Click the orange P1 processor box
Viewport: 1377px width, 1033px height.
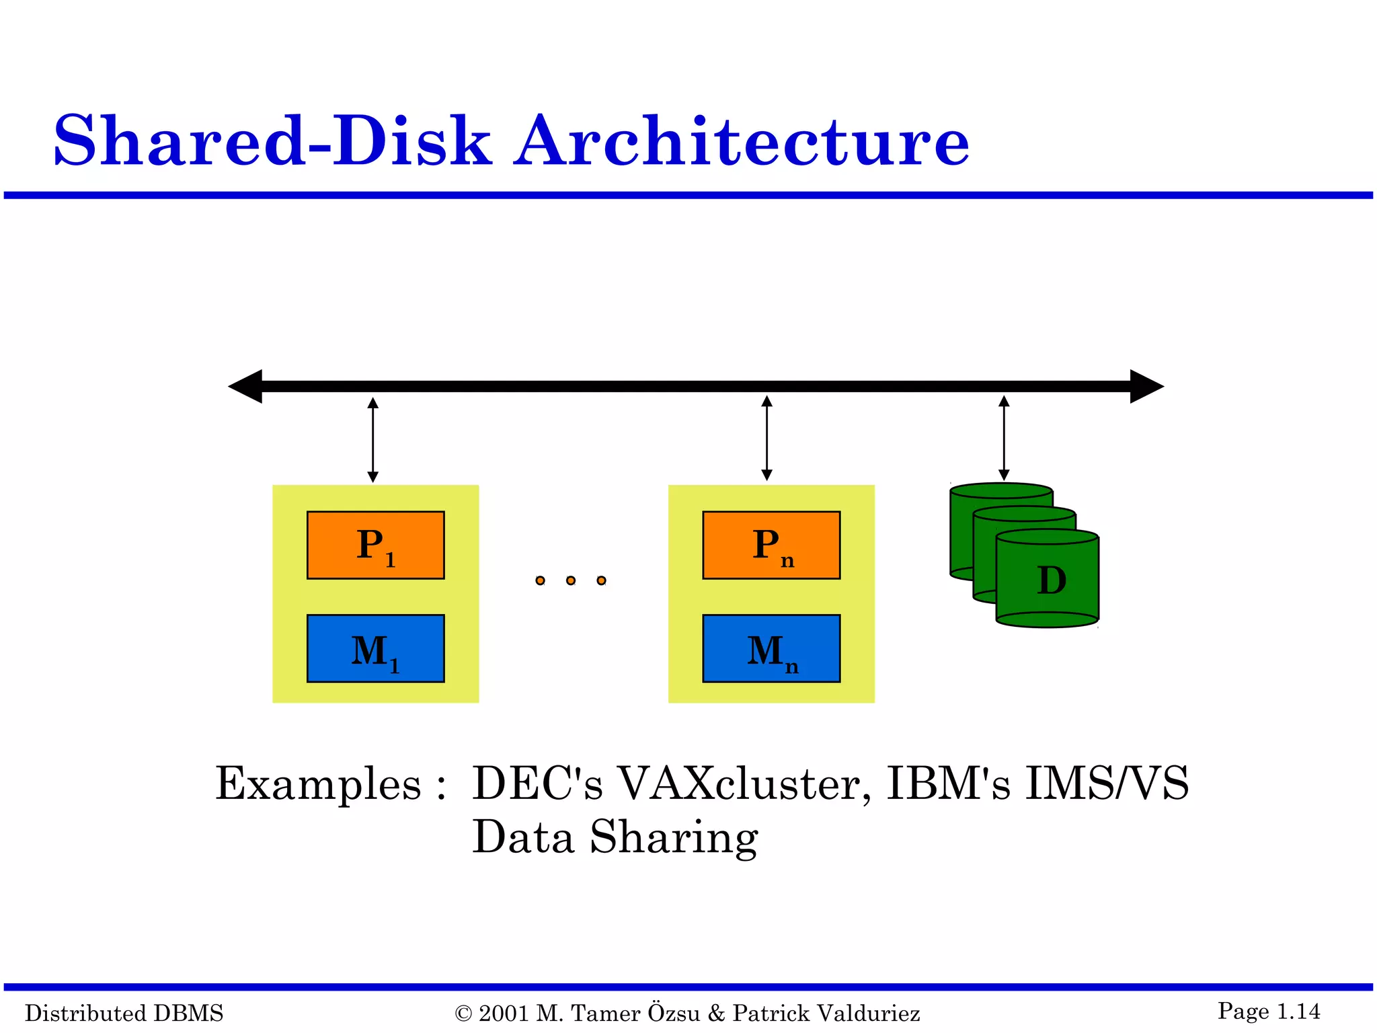(375, 545)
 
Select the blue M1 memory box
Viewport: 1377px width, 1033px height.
(375, 648)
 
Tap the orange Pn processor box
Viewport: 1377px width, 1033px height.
(771, 545)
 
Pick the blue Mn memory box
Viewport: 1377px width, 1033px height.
(771, 648)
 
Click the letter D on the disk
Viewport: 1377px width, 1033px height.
(1052, 580)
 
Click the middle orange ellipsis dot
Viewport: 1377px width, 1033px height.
(571, 580)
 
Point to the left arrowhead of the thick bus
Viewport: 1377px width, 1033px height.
(246, 386)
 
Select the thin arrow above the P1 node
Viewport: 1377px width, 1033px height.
(373, 440)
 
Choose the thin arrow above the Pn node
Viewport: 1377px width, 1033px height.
(766, 438)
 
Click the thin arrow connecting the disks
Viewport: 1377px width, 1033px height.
(1004, 438)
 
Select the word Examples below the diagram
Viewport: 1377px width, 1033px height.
(318, 784)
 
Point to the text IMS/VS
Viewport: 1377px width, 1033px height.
(1107, 784)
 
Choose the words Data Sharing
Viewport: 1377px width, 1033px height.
(615, 838)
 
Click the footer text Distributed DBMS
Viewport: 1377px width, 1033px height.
(124, 1013)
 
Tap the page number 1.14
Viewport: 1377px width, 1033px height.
(1298, 1011)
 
